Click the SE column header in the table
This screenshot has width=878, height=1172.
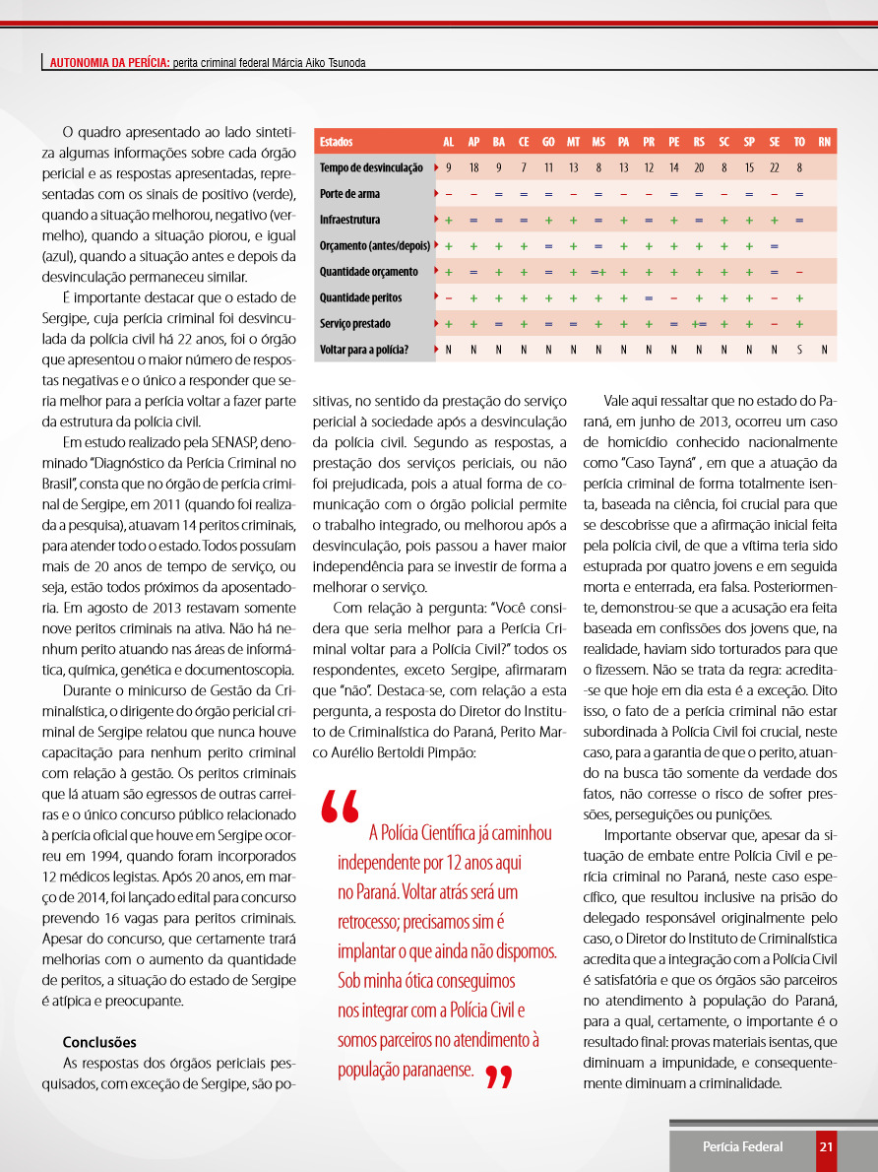[775, 143]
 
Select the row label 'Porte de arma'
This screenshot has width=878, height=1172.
[349, 194]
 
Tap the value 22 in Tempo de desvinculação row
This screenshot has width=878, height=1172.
[775, 168]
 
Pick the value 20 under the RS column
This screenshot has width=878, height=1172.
[699, 168]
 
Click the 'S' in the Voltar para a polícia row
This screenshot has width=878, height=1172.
[799, 350]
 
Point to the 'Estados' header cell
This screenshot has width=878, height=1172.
[337, 143]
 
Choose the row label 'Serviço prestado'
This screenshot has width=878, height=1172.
[354, 323]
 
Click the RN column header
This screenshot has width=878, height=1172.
[825, 143]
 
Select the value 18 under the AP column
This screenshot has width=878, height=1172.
[473, 168]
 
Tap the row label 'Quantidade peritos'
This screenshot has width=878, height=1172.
[360, 297]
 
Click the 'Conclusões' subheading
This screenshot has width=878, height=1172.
[99, 1042]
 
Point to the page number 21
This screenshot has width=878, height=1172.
[826, 1146]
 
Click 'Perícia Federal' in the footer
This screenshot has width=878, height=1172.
[742, 1146]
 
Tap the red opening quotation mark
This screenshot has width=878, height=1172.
[341, 809]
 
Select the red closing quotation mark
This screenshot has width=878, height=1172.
[499, 1078]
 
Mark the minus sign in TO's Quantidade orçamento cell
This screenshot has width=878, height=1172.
[799, 272]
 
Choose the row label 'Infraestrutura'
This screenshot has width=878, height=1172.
[349, 220]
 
